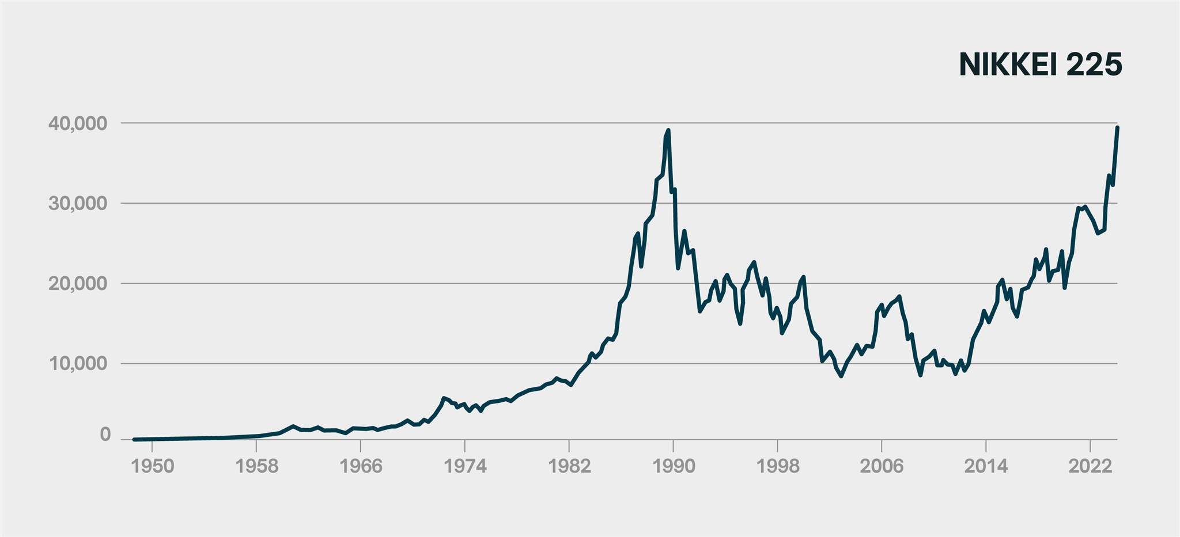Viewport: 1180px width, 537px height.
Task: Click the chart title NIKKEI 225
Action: click(x=1041, y=64)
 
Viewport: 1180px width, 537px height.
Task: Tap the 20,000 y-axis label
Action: click(x=86, y=284)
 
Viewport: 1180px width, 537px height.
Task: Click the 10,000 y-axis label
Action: click(x=86, y=364)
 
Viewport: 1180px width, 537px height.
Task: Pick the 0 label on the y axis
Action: click(x=105, y=435)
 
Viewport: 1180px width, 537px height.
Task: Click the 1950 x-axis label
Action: click(x=152, y=466)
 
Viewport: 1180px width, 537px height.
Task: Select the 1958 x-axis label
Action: click(x=256, y=466)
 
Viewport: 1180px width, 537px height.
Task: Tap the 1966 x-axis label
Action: click(x=361, y=466)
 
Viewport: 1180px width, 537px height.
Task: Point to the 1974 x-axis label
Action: click(x=465, y=466)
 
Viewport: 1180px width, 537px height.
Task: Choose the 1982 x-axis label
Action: click(x=569, y=466)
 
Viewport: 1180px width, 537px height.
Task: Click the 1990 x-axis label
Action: click(x=674, y=466)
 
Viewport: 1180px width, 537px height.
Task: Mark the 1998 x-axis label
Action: click(x=778, y=466)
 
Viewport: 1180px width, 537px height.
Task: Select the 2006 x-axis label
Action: click(x=882, y=466)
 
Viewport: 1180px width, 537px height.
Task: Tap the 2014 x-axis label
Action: click(x=986, y=466)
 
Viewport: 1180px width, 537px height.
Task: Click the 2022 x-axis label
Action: click(x=1090, y=466)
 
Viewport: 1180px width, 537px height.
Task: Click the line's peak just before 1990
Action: click(x=668, y=131)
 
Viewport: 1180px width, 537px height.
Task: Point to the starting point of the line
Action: click(x=134, y=439)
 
